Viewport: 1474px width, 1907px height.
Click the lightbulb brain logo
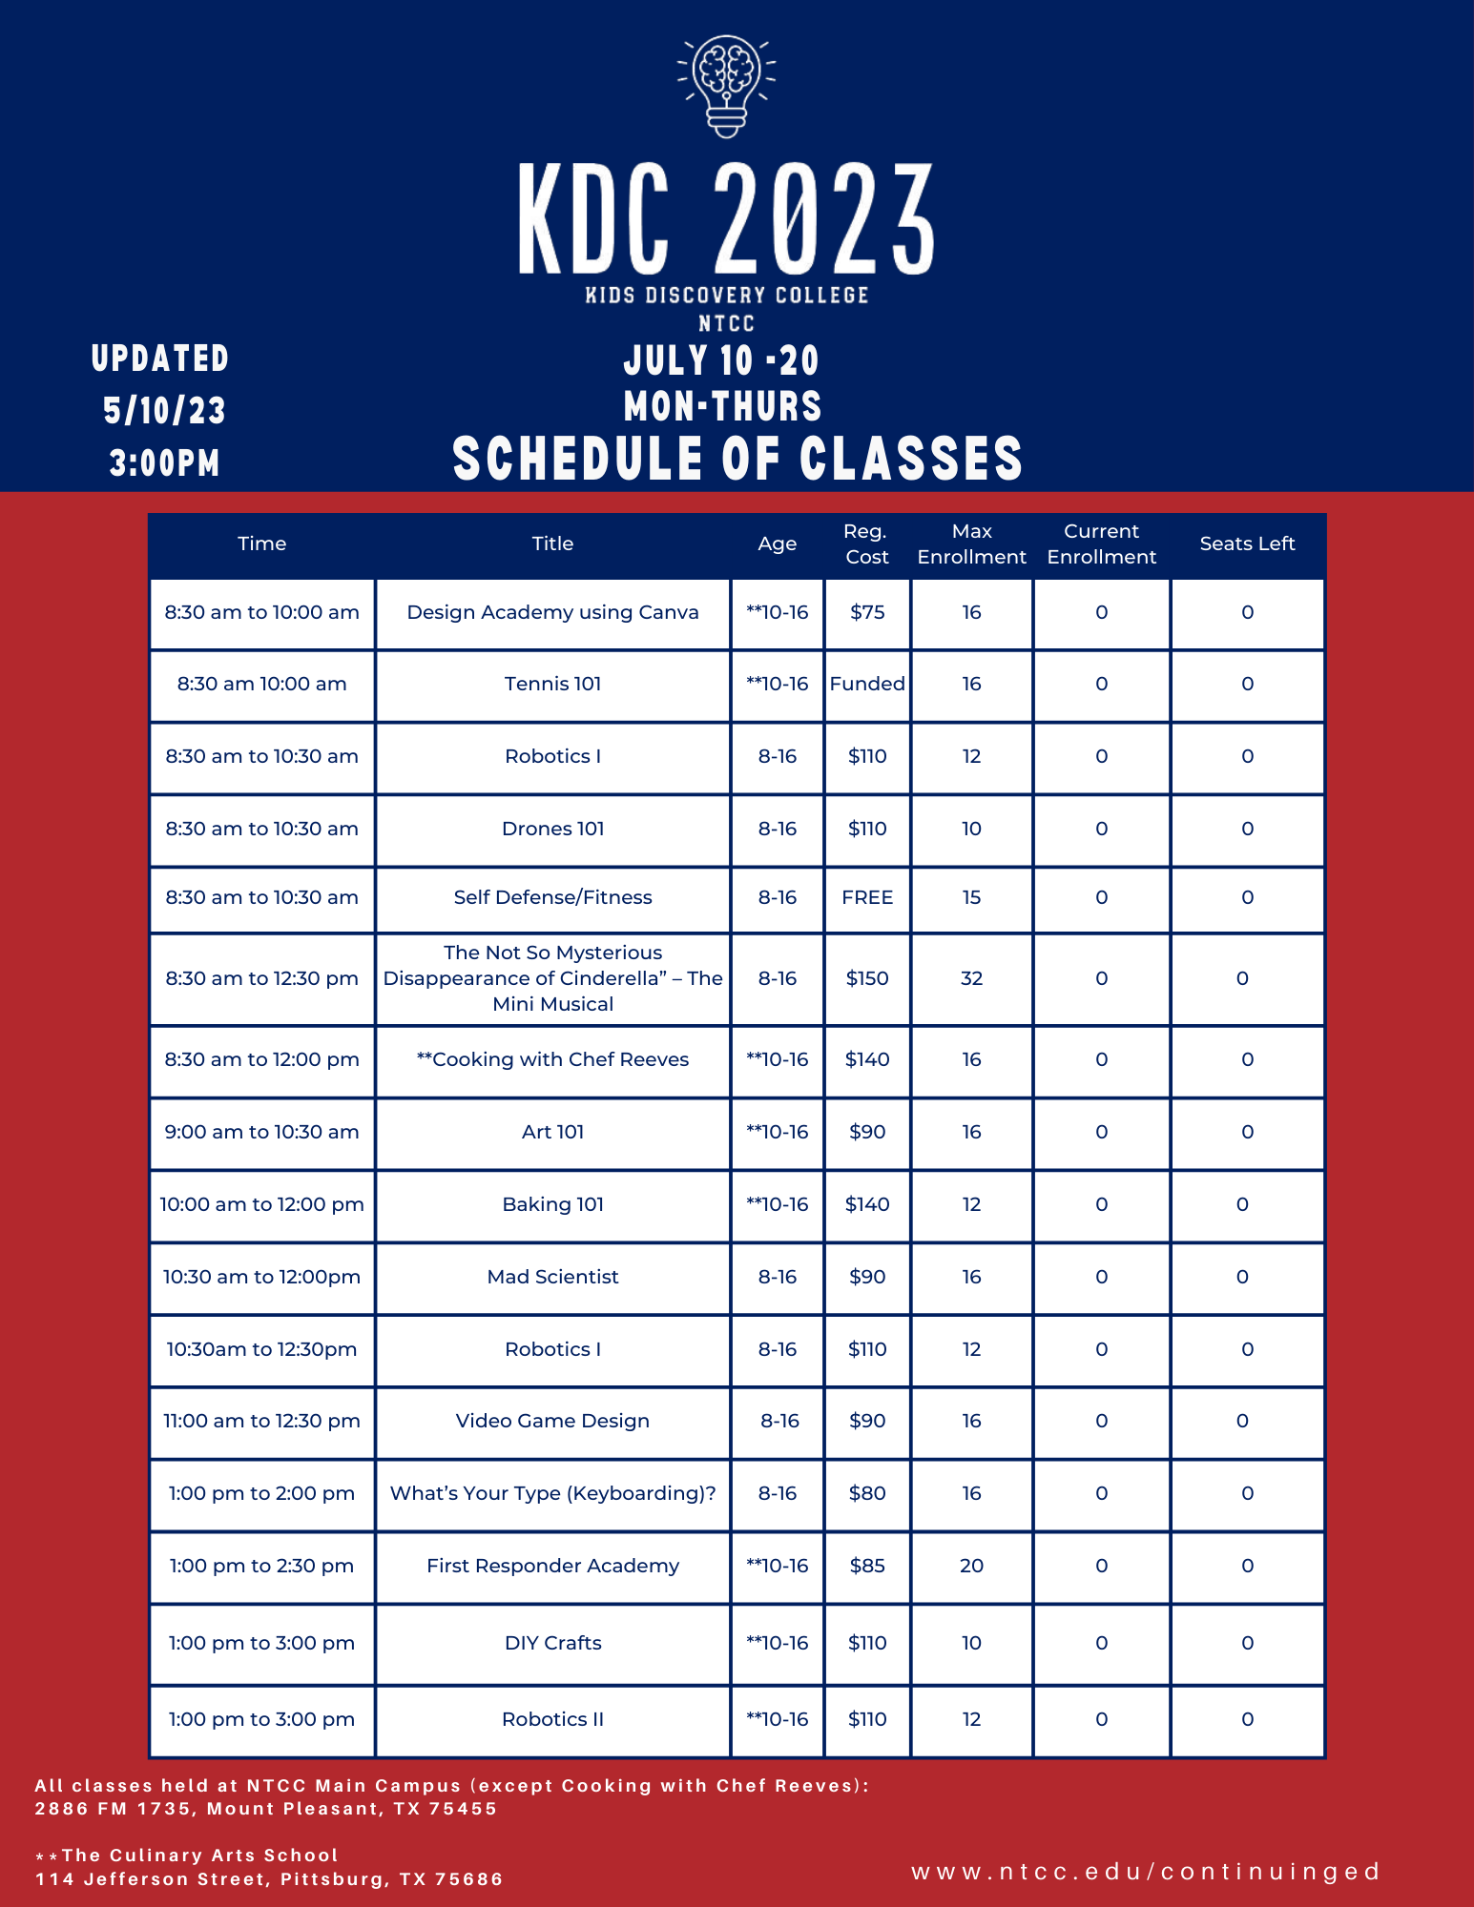coord(726,86)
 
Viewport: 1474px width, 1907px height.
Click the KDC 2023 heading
coord(726,219)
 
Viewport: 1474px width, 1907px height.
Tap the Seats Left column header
coord(1247,543)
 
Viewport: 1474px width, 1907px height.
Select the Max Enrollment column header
coord(971,543)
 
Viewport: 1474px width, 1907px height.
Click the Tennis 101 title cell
coord(552,684)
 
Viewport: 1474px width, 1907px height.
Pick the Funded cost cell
coord(867,684)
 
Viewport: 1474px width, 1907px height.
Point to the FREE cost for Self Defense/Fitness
coord(867,897)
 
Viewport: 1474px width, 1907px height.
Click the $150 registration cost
coord(867,978)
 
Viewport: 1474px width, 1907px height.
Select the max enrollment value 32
coord(971,978)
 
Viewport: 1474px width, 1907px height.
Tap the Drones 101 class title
coord(552,829)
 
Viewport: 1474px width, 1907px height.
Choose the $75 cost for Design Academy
coord(867,612)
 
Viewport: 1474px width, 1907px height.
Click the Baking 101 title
coord(552,1204)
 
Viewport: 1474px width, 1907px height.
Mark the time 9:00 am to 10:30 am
coord(261,1132)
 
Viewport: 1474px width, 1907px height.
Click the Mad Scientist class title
coord(552,1277)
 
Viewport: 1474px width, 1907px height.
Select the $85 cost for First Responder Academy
coord(867,1566)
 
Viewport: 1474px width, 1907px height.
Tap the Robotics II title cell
coord(552,1719)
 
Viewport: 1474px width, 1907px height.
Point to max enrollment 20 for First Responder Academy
coord(971,1566)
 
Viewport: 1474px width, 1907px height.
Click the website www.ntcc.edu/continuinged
coord(1146,1872)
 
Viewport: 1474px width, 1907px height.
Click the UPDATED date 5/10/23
coord(164,411)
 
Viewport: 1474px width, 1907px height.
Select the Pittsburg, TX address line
coord(269,1879)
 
